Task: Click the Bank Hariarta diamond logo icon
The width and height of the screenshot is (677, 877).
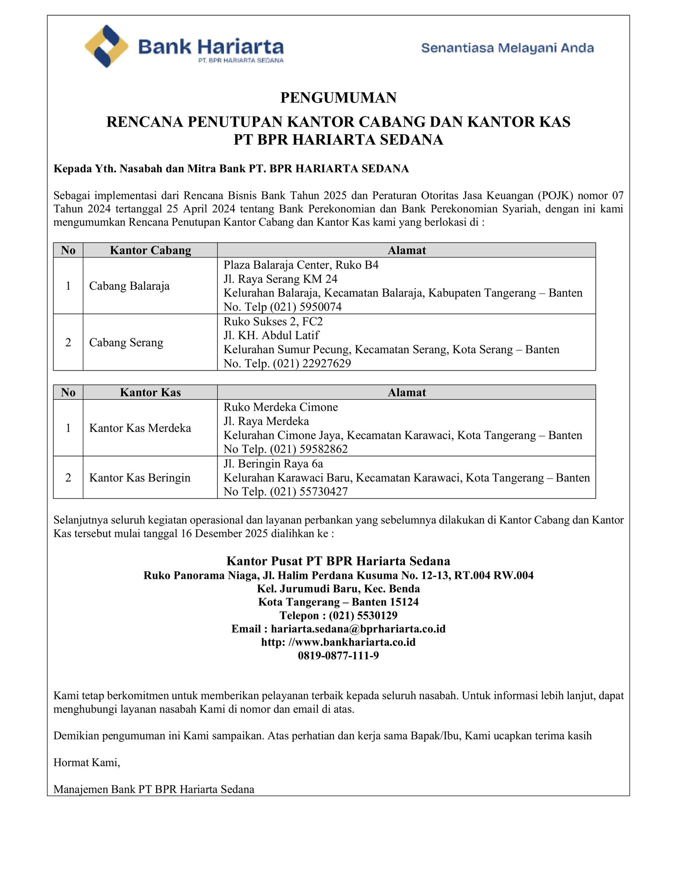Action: (x=107, y=46)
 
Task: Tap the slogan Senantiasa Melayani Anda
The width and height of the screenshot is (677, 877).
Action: (x=507, y=48)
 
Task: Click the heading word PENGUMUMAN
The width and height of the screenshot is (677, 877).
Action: (x=338, y=98)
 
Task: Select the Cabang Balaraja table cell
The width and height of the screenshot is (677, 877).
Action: (x=129, y=286)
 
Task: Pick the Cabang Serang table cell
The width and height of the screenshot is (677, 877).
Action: (x=126, y=342)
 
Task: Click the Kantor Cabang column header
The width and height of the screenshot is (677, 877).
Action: (x=150, y=250)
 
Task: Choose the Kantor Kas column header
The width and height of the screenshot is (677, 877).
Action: (x=150, y=393)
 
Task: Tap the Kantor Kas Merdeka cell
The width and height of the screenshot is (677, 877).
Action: (x=140, y=428)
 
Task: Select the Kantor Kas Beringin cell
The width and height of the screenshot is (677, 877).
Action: (x=140, y=478)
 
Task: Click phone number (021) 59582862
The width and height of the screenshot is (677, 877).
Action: (x=309, y=449)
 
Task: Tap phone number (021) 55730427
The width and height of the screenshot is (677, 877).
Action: (x=309, y=492)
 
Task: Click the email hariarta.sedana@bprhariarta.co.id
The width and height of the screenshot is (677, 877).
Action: (x=358, y=629)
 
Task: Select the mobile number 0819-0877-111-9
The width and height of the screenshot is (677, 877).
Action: (x=338, y=656)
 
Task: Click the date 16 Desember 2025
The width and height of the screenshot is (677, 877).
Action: (x=224, y=533)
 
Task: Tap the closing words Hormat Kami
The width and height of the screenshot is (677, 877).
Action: (x=87, y=763)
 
